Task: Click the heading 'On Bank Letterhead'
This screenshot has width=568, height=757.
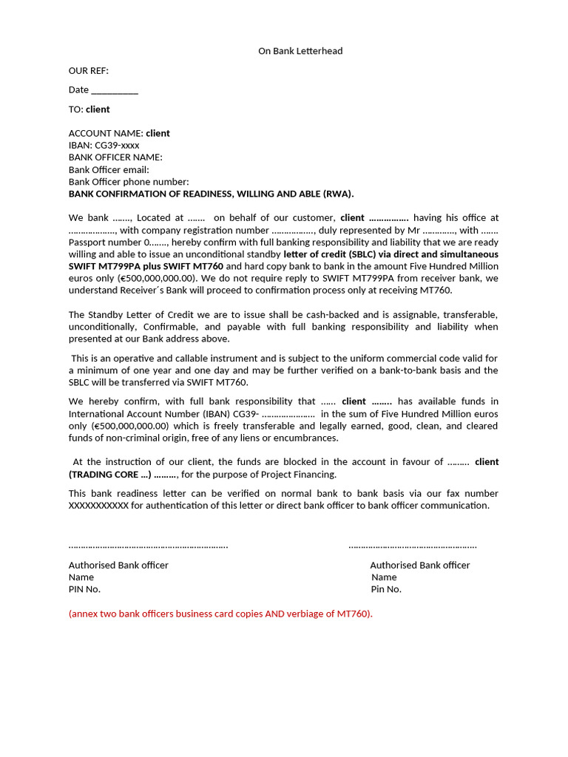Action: pos(300,51)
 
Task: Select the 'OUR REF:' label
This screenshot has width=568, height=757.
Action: pos(89,71)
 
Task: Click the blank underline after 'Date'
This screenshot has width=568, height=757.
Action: pos(115,91)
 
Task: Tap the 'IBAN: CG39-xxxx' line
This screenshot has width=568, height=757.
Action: pos(104,146)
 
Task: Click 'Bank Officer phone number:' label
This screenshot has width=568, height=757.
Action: pos(129,182)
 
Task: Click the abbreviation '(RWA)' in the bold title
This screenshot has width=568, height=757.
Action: pos(338,194)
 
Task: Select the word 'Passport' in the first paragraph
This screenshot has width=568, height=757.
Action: pos(87,242)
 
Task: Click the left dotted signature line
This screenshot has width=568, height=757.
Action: pos(148,546)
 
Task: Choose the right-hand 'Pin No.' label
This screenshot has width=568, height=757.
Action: pos(386,589)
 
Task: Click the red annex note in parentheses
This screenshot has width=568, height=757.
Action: pos(220,614)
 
